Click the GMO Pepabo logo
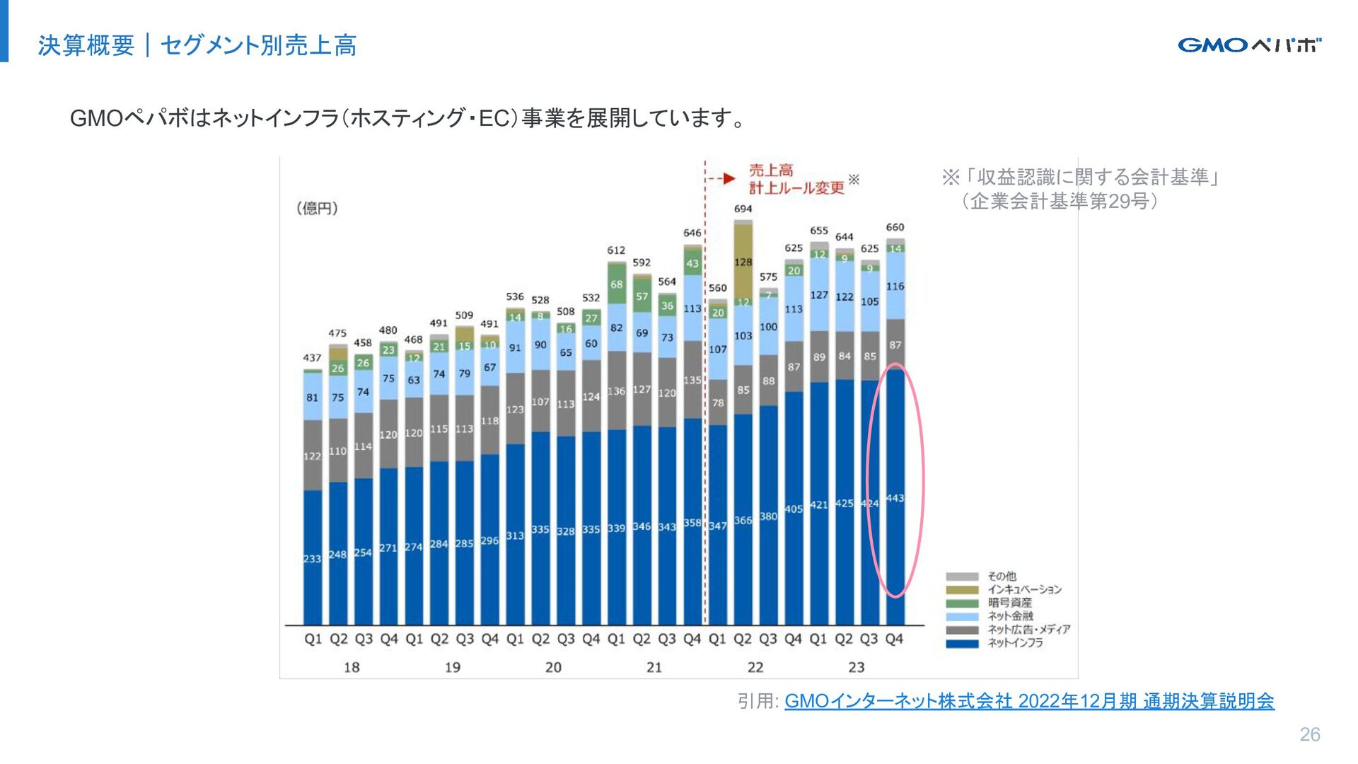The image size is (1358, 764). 1249,45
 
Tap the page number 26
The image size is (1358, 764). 1309,734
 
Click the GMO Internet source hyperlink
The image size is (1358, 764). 1029,701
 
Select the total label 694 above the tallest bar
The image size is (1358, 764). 743,209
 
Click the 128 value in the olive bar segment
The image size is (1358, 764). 743,262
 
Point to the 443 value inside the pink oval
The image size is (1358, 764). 895,498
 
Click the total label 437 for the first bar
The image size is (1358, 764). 312,358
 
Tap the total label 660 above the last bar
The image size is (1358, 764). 895,227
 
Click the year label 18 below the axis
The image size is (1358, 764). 352,667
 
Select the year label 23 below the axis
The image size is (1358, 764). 857,667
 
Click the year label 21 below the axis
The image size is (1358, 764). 654,667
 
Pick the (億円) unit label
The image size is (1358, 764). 317,208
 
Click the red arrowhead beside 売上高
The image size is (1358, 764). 729,178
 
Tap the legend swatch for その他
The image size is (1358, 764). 962,577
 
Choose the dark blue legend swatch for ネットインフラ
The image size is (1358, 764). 962,643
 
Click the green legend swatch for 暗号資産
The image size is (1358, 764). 962,603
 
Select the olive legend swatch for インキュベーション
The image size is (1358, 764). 962,590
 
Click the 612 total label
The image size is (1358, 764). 616,250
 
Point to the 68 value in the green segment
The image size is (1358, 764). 617,284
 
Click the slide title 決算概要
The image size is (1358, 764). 86,45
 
